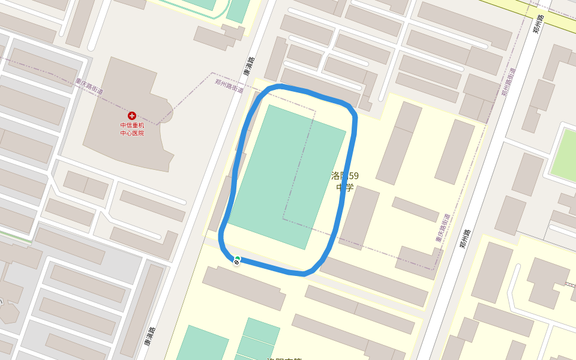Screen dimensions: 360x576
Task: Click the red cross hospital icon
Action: click(x=132, y=115)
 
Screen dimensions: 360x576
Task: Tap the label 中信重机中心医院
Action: click(x=132, y=129)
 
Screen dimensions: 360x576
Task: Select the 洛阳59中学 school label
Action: click(x=345, y=181)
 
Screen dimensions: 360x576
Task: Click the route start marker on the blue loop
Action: click(x=237, y=260)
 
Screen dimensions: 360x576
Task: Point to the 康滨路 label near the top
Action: click(x=248, y=66)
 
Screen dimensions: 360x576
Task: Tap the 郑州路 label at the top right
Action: click(x=538, y=25)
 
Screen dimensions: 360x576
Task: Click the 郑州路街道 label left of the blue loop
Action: click(x=229, y=86)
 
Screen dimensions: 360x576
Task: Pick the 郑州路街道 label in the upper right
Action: click(x=508, y=82)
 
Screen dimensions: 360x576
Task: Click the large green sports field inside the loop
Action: click(x=287, y=177)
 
